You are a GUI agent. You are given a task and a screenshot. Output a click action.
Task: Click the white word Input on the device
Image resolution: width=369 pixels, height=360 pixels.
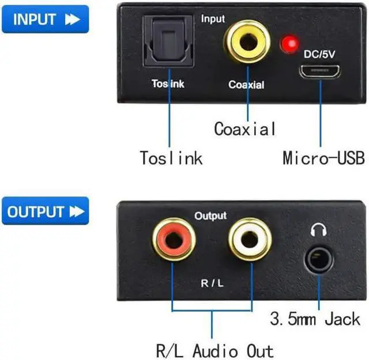tap(213, 19)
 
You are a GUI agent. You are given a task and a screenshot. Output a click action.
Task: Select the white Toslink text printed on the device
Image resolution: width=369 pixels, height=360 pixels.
tap(168, 84)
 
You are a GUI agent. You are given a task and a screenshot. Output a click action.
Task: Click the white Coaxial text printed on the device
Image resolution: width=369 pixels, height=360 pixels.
tap(246, 85)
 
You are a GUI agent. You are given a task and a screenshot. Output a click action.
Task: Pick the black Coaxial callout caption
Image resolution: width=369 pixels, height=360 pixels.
tap(245, 128)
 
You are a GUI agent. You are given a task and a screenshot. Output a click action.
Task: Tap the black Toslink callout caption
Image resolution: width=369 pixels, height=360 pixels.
tap(171, 157)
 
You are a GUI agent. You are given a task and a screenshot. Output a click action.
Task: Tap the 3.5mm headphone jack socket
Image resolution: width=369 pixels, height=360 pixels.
tap(319, 260)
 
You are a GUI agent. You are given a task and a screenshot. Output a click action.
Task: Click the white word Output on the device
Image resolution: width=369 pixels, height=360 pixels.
tap(210, 216)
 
